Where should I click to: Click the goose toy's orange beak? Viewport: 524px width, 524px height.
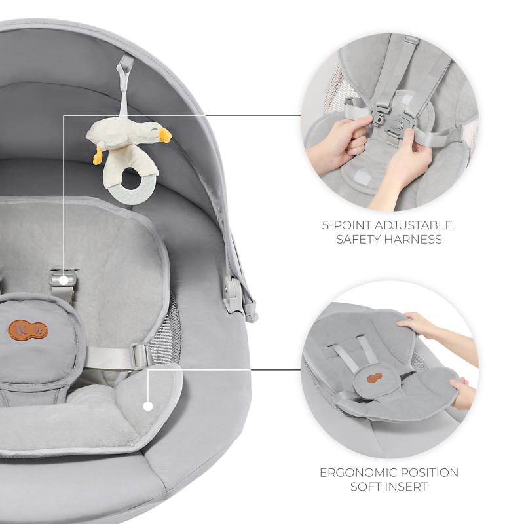pos(165,136)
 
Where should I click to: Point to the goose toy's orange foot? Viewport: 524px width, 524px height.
pos(98,156)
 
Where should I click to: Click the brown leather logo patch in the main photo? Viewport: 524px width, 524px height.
pos(28,330)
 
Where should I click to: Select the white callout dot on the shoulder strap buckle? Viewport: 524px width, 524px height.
pos(64,280)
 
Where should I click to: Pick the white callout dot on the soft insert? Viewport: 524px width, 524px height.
pos(148,406)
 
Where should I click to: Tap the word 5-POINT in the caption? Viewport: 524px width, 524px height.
pos(346,225)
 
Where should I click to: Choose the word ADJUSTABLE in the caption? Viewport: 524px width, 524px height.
pos(413,225)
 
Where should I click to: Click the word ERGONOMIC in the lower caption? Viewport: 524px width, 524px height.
pos(358,472)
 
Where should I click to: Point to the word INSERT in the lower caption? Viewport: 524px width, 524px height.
pos(407,487)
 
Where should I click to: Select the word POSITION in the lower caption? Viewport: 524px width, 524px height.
pos(430,472)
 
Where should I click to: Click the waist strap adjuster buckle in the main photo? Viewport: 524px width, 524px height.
pos(141,356)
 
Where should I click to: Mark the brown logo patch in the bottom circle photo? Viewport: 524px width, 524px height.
pos(374,378)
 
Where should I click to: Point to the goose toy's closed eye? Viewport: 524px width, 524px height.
pos(154,128)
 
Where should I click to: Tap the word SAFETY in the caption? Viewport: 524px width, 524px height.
pos(358,239)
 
